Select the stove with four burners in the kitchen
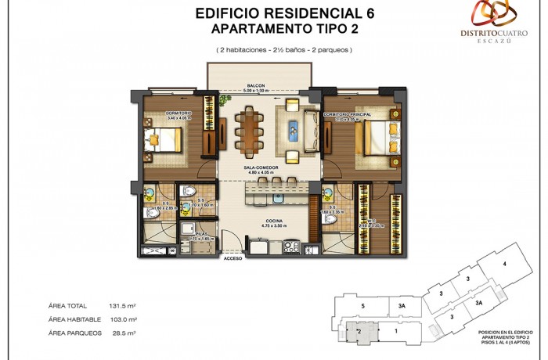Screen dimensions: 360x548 291,245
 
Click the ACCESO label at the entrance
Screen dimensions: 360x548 233,257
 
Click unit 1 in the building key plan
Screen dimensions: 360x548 396,331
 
